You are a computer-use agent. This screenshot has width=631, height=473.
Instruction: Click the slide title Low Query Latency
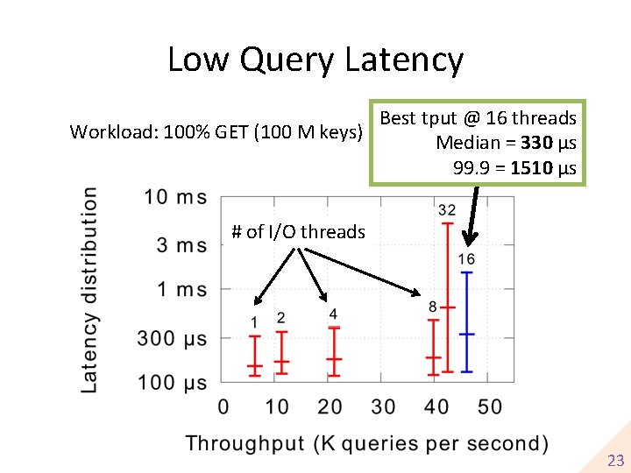click(x=315, y=60)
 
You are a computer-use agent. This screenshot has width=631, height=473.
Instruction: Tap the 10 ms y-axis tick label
click(x=176, y=196)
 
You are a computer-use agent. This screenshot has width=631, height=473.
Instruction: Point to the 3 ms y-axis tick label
click(x=181, y=245)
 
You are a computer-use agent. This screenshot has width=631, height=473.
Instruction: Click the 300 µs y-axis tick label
click(x=172, y=338)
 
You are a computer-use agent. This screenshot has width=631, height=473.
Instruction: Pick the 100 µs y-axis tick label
click(x=172, y=382)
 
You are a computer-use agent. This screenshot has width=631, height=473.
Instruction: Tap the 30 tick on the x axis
click(x=383, y=406)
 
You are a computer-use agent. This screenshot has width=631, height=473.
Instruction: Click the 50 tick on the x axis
click(x=490, y=406)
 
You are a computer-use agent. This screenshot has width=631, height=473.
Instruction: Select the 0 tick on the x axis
click(x=223, y=406)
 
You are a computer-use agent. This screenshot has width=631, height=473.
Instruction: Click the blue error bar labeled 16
click(x=467, y=321)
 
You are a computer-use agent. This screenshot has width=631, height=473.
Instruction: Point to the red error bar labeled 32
click(x=448, y=298)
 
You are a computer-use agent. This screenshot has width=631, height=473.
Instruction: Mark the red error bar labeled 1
click(x=255, y=356)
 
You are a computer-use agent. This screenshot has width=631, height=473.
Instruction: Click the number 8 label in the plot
click(x=433, y=307)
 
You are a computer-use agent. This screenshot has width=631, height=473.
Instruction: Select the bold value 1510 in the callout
click(x=532, y=168)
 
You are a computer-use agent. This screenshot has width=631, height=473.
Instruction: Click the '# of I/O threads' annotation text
click(x=298, y=232)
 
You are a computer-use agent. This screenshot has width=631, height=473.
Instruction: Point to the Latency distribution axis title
click(x=90, y=289)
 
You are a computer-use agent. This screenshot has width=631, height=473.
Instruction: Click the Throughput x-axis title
click(x=367, y=443)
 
